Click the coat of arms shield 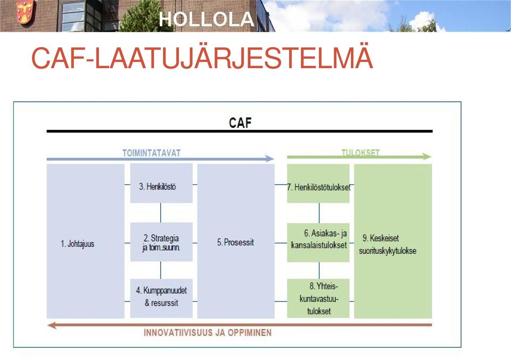coord(25,11)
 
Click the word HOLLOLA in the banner coord(207,19)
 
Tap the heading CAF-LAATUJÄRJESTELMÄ coord(202,58)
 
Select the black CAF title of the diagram coord(240,123)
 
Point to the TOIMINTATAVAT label coord(151,153)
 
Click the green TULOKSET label coord(360,153)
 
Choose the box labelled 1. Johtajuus coord(85,241)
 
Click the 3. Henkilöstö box coord(161,183)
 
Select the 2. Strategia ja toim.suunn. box coord(161,242)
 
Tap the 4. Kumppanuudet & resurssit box coord(161,298)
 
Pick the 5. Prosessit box coord(236,241)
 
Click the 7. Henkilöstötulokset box coord(318,183)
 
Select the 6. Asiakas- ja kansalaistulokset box coord(318,243)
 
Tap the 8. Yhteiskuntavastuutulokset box coord(318,298)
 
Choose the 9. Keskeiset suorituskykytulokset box coord(393,241)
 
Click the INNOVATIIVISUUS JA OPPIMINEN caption coord(208,333)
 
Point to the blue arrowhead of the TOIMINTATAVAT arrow coord(269,159)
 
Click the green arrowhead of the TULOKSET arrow coord(427,157)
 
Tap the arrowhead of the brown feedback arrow coord(52,325)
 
